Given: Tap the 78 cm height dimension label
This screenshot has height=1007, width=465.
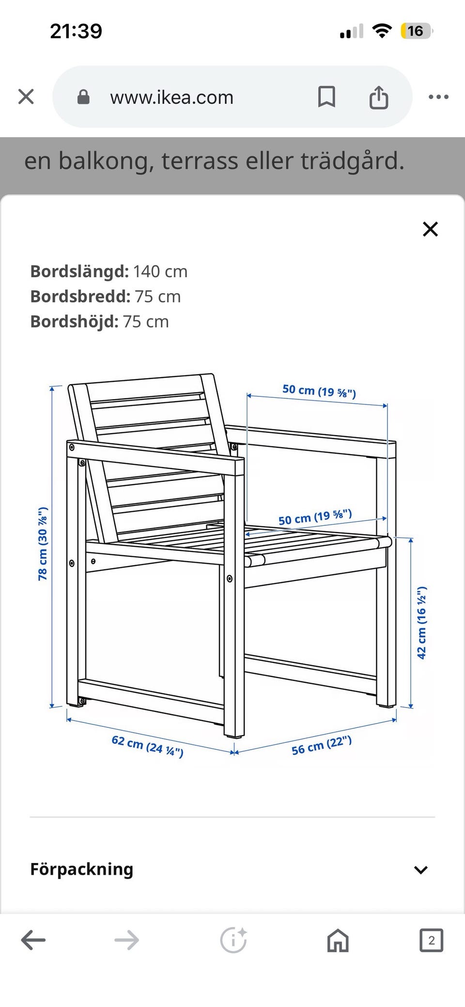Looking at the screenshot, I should coord(43,543).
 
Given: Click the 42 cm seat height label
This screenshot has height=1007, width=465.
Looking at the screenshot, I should coord(422,622).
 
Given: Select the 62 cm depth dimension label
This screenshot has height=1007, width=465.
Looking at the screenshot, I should coord(147,746).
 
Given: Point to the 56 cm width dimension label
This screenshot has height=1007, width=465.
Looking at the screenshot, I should coord(321,745).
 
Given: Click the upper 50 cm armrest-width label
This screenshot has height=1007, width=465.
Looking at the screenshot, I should coord(319,391).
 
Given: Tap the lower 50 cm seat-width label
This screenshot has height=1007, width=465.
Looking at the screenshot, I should coord(315,518).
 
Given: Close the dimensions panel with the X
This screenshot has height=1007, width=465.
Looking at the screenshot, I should coord(430,229).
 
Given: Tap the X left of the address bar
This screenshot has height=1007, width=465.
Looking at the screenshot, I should coord(26,97).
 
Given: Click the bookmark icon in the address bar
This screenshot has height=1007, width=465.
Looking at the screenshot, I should coord(326,97).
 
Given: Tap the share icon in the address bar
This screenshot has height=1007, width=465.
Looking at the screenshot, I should coord(379,97).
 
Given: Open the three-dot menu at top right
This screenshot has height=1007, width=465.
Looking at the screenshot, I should coord(438,97).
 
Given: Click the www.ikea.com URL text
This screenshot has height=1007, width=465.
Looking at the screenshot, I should coord(171,97).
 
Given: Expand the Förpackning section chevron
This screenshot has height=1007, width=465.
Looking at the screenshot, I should coord(421,870).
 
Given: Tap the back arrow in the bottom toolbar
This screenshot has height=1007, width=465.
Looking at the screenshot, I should coord(33,940).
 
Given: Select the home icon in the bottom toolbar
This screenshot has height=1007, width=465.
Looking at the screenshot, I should coord(338,941).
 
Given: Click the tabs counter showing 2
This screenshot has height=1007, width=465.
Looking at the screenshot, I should coord(431,940).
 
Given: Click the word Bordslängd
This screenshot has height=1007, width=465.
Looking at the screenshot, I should coord(79,271).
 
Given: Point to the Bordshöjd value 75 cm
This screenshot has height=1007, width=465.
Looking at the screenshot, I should coord(145,322).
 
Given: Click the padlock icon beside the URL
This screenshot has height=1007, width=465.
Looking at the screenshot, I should coord(84,97).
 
